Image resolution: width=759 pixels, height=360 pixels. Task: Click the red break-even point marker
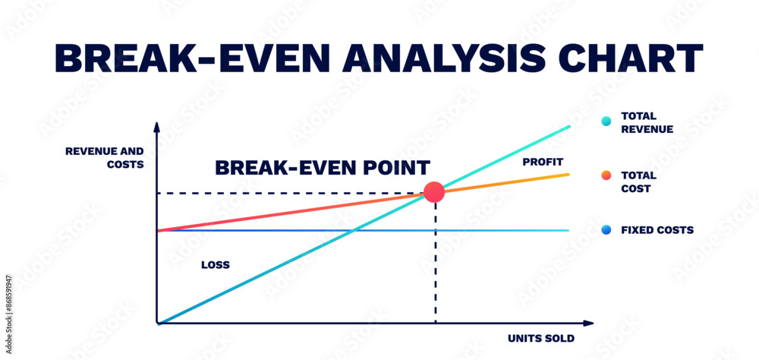point(434,192)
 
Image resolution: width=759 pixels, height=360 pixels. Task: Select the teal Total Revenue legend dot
point(606,121)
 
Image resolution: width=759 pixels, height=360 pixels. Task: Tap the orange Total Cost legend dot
point(606,175)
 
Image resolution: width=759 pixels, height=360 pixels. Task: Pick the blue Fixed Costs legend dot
point(606,230)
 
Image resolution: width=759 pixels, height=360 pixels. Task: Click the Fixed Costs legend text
point(657,230)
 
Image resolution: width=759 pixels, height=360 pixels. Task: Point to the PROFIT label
point(543,162)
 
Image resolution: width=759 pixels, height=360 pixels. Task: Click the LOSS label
point(216,265)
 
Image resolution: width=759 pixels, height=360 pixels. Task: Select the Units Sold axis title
point(541,339)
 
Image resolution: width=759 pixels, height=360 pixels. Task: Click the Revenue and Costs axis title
point(105,158)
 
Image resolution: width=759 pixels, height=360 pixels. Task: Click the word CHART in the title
point(631,58)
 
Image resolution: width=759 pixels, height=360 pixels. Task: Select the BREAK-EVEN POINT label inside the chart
point(323,168)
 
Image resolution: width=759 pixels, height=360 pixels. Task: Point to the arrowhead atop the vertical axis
point(156,127)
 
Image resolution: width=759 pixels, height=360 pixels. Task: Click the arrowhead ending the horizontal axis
point(588,324)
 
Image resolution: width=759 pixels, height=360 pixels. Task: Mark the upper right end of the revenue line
point(569,126)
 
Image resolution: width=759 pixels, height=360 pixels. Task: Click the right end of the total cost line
point(568,174)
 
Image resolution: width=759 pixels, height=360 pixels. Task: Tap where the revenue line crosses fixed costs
point(354,230)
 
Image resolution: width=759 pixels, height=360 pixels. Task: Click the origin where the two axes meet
point(157,323)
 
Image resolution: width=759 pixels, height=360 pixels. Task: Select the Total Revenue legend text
point(647,123)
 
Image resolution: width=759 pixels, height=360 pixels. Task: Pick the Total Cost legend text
point(639,182)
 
